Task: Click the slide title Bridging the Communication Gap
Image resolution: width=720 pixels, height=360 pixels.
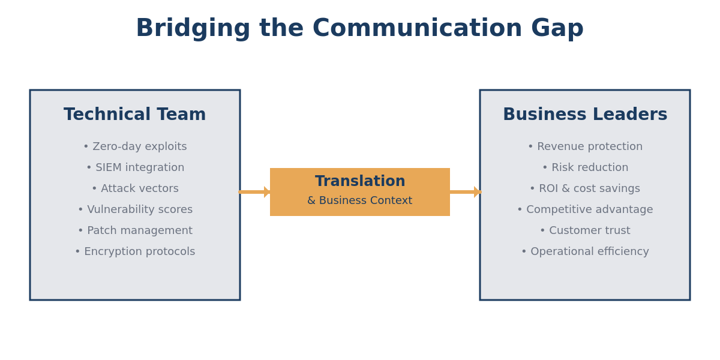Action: pyautogui.click(x=359, y=29)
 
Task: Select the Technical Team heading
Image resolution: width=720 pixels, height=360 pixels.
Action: pyautogui.click(x=135, y=115)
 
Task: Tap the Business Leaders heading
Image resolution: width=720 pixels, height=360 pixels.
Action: pyautogui.click(x=585, y=115)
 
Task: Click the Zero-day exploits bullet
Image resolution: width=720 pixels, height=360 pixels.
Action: pyautogui.click(x=135, y=147)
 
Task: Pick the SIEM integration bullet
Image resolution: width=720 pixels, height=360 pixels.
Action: pyautogui.click(x=135, y=168)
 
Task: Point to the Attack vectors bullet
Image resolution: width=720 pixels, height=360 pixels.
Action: pyautogui.click(x=135, y=189)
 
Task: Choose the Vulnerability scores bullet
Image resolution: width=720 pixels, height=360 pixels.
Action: pyautogui.click(x=135, y=210)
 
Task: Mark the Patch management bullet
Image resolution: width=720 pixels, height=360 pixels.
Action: pyautogui.click(x=135, y=231)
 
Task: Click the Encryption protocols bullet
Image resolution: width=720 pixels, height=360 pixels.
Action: pyautogui.click(x=135, y=252)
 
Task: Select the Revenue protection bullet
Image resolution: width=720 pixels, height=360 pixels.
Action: pyautogui.click(x=585, y=147)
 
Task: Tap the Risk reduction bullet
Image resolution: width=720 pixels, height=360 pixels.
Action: pyautogui.click(x=585, y=168)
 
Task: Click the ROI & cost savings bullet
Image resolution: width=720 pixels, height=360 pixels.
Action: pyautogui.click(x=585, y=189)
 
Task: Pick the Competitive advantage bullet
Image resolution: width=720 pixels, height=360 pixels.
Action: pyautogui.click(x=585, y=210)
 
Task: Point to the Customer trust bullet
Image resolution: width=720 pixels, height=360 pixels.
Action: pyautogui.click(x=585, y=231)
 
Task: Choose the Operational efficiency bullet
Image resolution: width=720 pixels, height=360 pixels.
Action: pyautogui.click(x=585, y=252)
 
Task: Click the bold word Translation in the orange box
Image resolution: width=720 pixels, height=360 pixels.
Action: pyautogui.click(x=360, y=182)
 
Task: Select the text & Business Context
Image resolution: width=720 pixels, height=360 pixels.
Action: pyautogui.click(x=360, y=201)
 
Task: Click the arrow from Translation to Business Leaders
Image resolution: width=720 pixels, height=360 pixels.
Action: pyautogui.click(x=465, y=192)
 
